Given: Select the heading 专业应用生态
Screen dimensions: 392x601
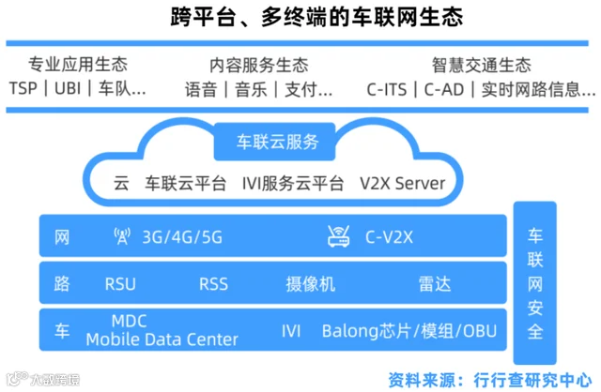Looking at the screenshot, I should click(x=78, y=65).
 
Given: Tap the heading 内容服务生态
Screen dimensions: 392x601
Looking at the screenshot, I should click(x=258, y=65).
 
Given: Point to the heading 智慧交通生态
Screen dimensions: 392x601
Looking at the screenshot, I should click(x=481, y=65).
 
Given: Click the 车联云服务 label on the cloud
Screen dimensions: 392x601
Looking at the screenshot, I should click(x=277, y=143).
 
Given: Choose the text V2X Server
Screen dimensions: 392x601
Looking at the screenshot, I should click(x=402, y=183).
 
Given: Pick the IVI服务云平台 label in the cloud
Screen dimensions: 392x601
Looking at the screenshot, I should click(x=293, y=183).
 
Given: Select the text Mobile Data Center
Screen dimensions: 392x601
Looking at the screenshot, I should click(x=162, y=339).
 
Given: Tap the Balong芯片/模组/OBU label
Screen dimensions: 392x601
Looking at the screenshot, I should click(x=408, y=331).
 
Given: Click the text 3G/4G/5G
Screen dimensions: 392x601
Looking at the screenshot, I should click(x=182, y=237).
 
